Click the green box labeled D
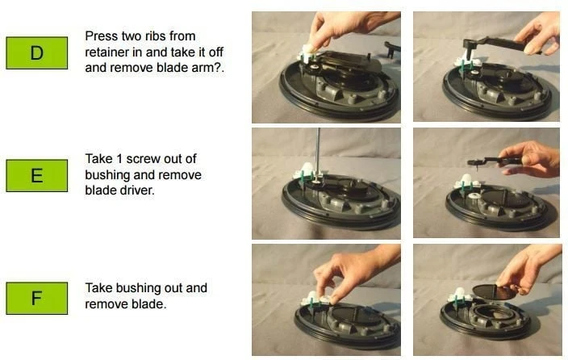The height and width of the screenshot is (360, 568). (36, 53)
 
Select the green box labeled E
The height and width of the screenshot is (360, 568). (36, 175)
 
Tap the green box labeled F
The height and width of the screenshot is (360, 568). (36, 298)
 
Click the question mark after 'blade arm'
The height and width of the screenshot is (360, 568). (218, 68)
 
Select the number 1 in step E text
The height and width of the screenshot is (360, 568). (119, 159)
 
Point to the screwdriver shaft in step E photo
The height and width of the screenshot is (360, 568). (319, 153)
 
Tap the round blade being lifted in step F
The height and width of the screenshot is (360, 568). (495, 292)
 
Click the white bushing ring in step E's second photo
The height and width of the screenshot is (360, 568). (474, 196)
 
